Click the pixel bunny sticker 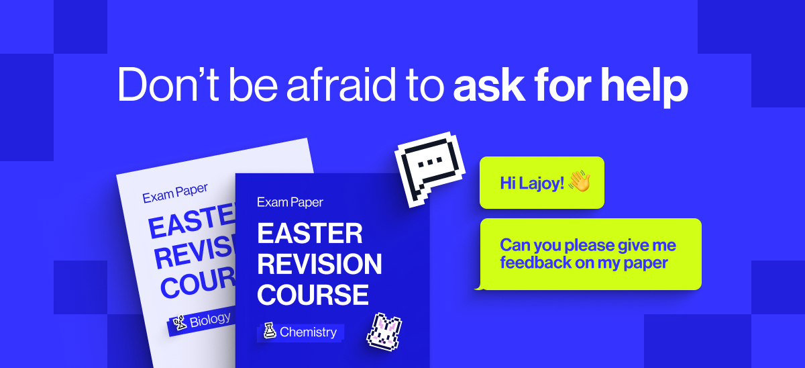pyautogui.click(x=383, y=331)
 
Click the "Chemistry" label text pyautogui.click(x=308, y=332)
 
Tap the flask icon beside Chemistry pyautogui.click(x=270, y=331)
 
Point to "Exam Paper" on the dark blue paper pyautogui.click(x=290, y=202)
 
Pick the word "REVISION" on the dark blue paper pyautogui.click(x=319, y=264)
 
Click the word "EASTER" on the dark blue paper pyautogui.click(x=309, y=234)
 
